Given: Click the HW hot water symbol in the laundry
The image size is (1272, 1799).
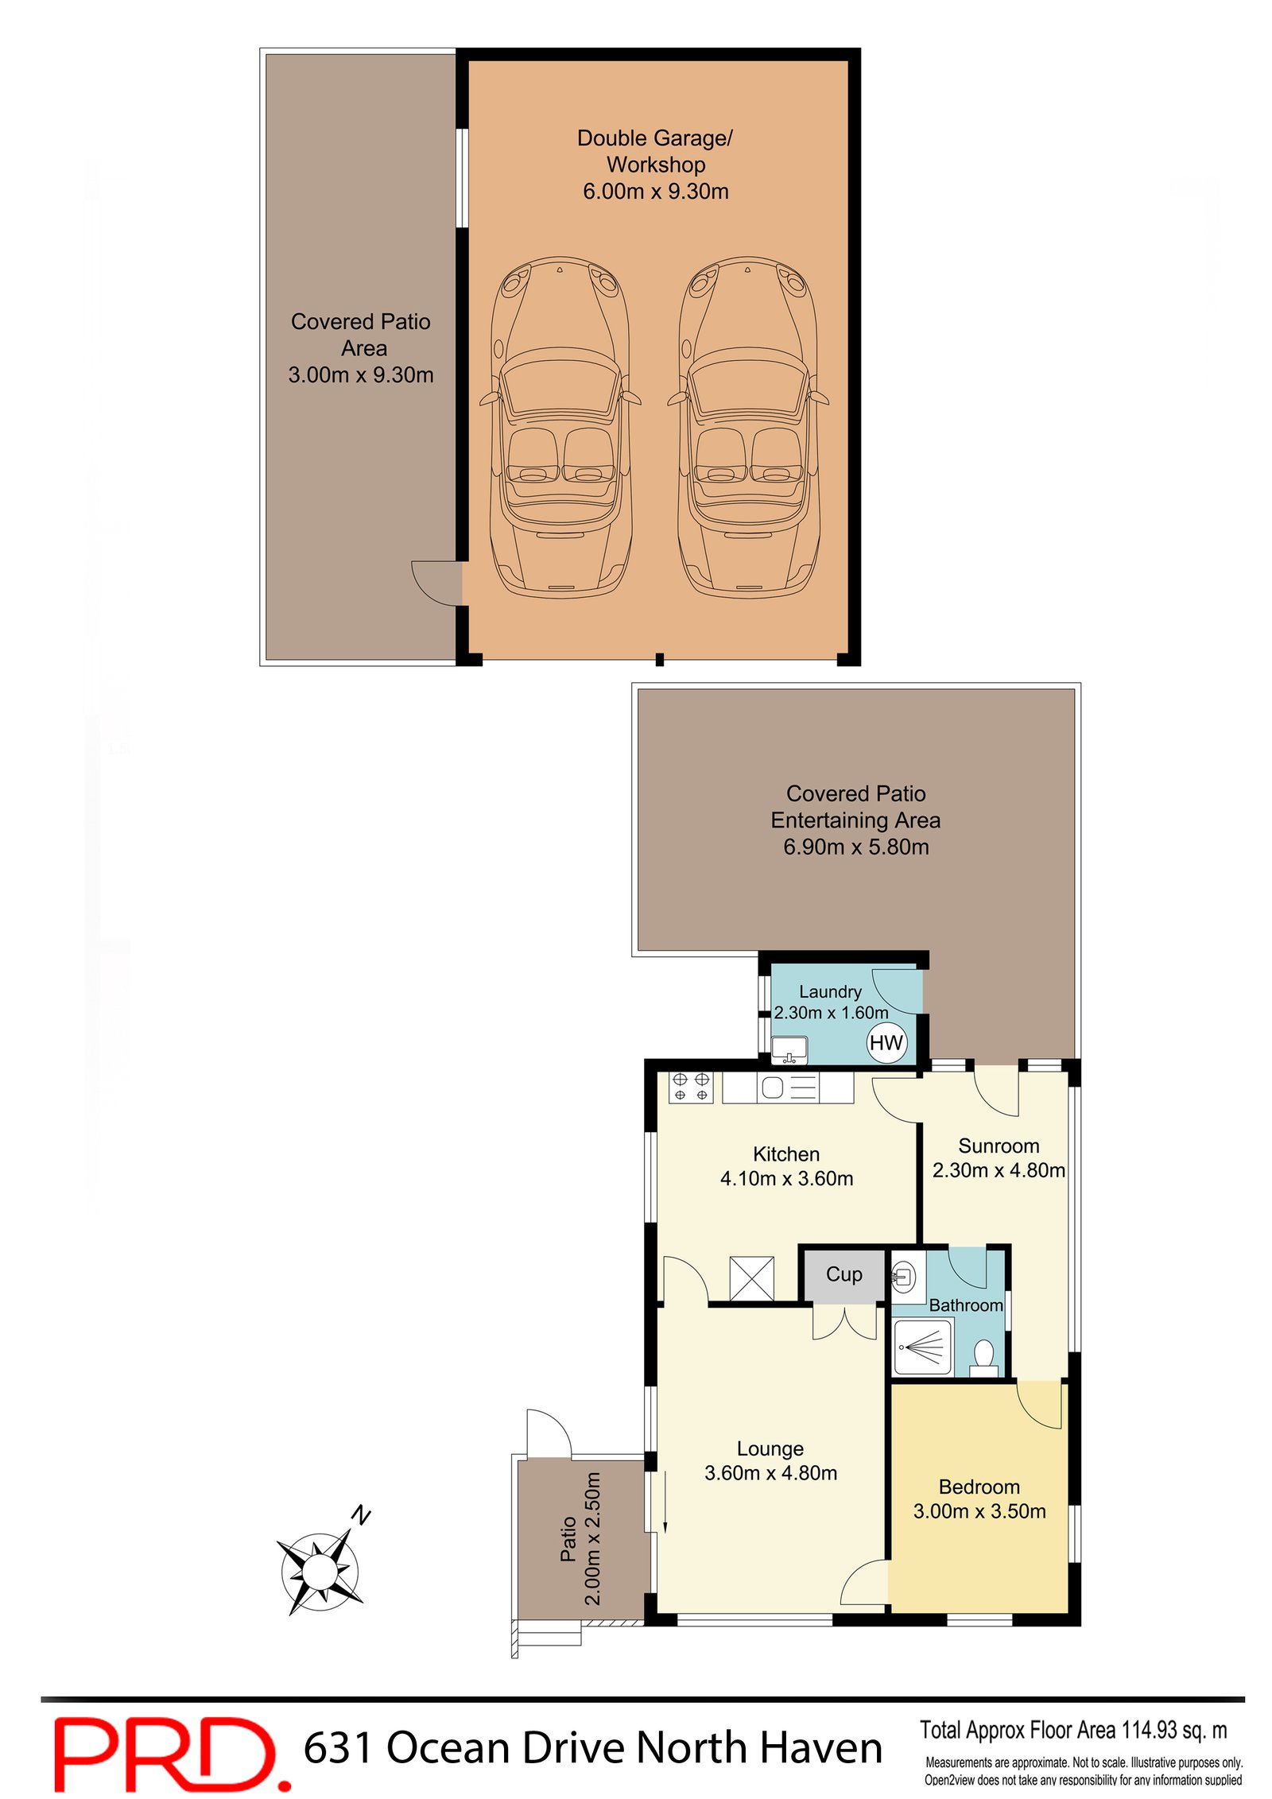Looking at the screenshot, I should pos(886,1042).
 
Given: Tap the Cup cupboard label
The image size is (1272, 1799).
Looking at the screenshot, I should pos(843,1274).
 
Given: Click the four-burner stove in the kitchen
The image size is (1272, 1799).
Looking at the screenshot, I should pos(690,1087).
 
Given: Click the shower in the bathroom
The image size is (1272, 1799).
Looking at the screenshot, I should pos(922,1347).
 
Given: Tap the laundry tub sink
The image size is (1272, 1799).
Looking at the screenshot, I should pos(789,1049).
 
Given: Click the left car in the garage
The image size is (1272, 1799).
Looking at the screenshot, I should pos(560,426).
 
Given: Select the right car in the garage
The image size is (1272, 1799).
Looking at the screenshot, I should pos(747,426).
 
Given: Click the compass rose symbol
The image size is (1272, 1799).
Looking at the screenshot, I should pos(320,1570).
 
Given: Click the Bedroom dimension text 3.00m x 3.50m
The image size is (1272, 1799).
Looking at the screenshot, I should pos(979,1511).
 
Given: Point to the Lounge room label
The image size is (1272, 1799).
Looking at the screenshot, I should pos(770,1448).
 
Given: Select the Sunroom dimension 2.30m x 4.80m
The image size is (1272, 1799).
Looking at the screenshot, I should pos(998,1170).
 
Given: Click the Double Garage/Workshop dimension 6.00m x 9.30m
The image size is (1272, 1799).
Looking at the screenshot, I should pos(655,192).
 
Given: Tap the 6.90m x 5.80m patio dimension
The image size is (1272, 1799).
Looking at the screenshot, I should pos(855,847).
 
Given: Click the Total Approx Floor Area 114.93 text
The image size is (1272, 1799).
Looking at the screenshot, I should pos(1072,1730).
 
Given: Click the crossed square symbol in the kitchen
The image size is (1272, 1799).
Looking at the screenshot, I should pos(751,1278).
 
